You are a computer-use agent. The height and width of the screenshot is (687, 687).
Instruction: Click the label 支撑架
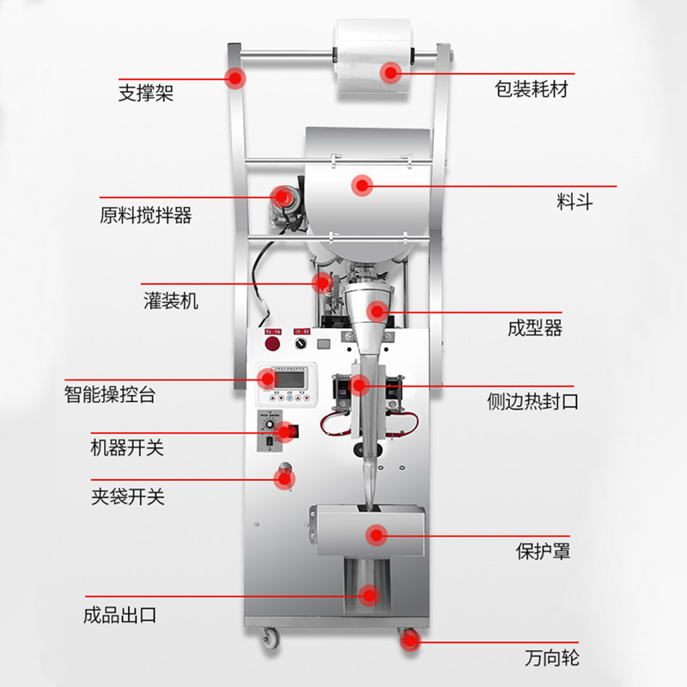[145, 92]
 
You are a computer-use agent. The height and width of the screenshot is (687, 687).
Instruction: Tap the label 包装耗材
[531, 88]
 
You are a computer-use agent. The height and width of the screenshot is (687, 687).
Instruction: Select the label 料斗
[574, 204]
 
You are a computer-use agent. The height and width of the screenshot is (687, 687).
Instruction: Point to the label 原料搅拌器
[145, 216]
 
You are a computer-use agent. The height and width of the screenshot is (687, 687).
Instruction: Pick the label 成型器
[534, 329]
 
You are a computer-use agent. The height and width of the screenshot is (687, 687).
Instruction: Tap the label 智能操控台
[110, 396]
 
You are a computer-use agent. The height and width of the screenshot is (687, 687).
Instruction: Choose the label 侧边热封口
[532, 401]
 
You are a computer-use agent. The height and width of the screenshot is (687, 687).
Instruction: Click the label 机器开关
[127, 447]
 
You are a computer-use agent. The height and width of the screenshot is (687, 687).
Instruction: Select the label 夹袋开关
[127, 495]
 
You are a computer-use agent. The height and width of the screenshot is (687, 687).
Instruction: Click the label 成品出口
[119, 615]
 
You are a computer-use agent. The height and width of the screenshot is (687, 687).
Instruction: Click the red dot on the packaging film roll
[392, 72]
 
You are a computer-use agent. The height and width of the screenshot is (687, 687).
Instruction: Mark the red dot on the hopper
[362, 185]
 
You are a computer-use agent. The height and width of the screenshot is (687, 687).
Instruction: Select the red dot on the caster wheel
[407, 638]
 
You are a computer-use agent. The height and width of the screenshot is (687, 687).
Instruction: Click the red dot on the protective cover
[375, 535]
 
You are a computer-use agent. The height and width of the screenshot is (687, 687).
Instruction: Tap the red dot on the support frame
[234, 78]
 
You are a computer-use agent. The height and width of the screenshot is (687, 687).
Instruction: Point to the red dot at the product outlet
[369, 593]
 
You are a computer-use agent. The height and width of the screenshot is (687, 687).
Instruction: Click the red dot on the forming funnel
[376, 311]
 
